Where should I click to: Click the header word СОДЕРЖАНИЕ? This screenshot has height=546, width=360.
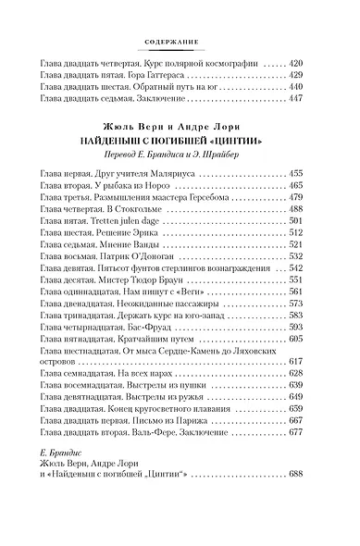click(x=179, y=41)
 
